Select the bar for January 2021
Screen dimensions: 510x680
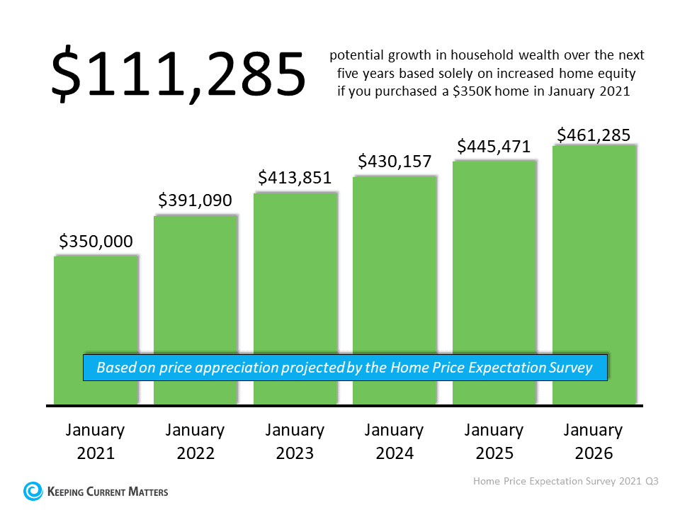click(x=96, y=305)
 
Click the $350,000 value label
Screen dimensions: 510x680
click(x=96, y=242)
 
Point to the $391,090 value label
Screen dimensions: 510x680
click(x=195, y=201)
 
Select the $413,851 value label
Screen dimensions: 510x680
click(x=295, y=178)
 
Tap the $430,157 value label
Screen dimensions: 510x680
click(x=395, y=161)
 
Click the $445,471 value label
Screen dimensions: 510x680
click(x=494, y=147)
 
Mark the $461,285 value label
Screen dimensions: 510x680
click(x=594, y=135)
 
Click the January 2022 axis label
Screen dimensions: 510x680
click(x=195, y=441)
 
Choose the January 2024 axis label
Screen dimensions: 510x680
click(x=395, y=441)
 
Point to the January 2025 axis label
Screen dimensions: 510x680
click(x=494, y=441)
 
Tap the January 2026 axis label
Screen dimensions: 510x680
click(x=594, y=441)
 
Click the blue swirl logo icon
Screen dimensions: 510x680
click(x=33, y=490)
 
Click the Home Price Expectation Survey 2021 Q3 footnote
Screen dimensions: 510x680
click(x=566, y=481)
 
